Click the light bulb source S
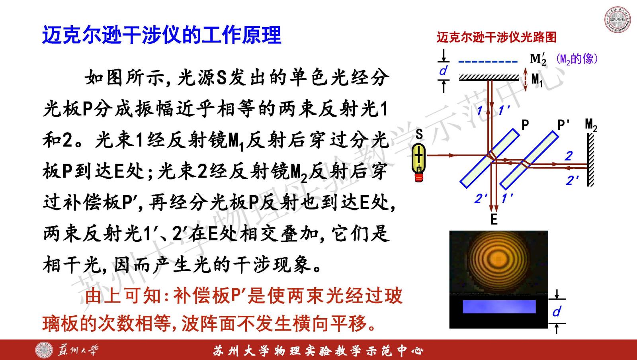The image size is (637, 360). coord(418,162)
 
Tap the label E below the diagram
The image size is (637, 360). coord(494,219)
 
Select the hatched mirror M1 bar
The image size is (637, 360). coord(489,77)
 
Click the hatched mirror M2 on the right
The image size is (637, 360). coord(591,160)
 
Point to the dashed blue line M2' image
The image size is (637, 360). coord(488,61)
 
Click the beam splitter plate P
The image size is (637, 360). coord(490,158)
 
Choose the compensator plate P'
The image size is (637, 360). coord(529,160)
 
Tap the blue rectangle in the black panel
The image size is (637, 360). coord(499,307)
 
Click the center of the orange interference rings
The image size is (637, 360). coord(498,259)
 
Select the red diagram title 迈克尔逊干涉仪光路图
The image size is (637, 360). coord(496,37)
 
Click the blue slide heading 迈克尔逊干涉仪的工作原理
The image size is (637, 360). coord(162,35)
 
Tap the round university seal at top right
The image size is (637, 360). coord(617,20)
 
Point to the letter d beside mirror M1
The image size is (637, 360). coord(443,70)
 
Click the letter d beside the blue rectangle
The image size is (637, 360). coord(557,311)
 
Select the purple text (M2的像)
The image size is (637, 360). coord(576,59)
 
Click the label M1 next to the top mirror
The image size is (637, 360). coord(537,80)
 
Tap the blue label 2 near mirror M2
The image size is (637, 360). coord(569,156)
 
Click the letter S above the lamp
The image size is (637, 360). coord(419,134)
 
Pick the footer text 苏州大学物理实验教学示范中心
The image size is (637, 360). coord(318,351)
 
